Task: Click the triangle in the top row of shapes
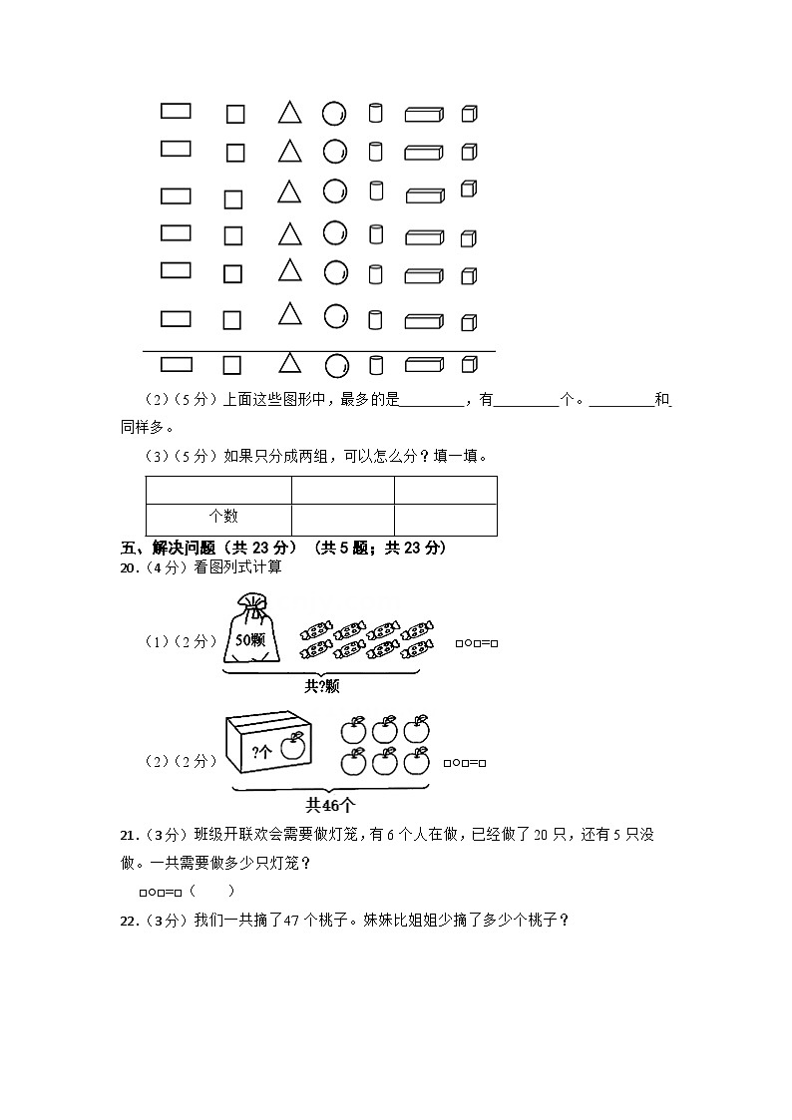pyautogui.click(x=289, y=112)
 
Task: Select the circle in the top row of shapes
pyautogui.click(x=335, y=114)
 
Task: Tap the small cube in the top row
pyautogui.click(x=469, y=114)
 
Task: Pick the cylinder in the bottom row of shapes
pyautogui.click(x=376, y=365)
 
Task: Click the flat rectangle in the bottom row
pyautogui.click(x=177, y=364)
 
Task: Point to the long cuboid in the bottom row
pyautogui.click(x=424, y=365)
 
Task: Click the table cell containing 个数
pyautogui.click(x=218, y=518)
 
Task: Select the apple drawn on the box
pyautogui.click(x=291, y=748)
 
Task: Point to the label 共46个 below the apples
pyautogui.click(x=330, y=804)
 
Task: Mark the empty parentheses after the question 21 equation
pyautogui.click(x=211, y=891)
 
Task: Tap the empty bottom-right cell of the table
pyautogui.click(x=445, y=520)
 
